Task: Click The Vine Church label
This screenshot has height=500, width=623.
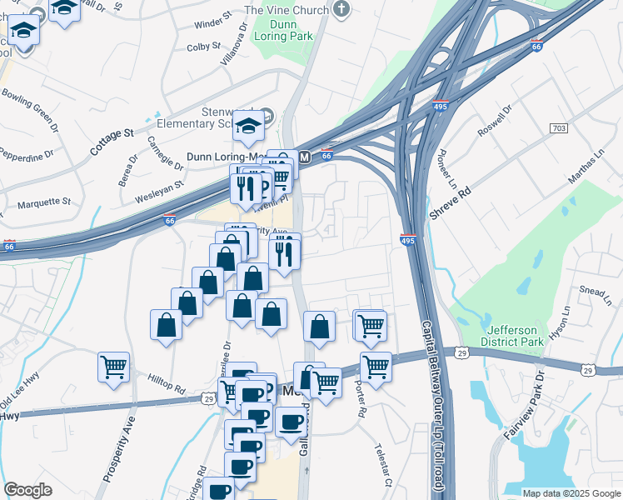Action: (287, 10)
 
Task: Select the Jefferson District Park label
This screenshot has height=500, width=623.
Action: (512, 336)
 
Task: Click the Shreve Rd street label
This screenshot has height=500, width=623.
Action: (451, 202)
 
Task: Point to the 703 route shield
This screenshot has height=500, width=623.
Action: (559, 128)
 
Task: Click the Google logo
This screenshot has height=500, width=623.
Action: (27, 490)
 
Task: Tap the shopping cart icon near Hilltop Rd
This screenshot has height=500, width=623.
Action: (113, 366)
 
